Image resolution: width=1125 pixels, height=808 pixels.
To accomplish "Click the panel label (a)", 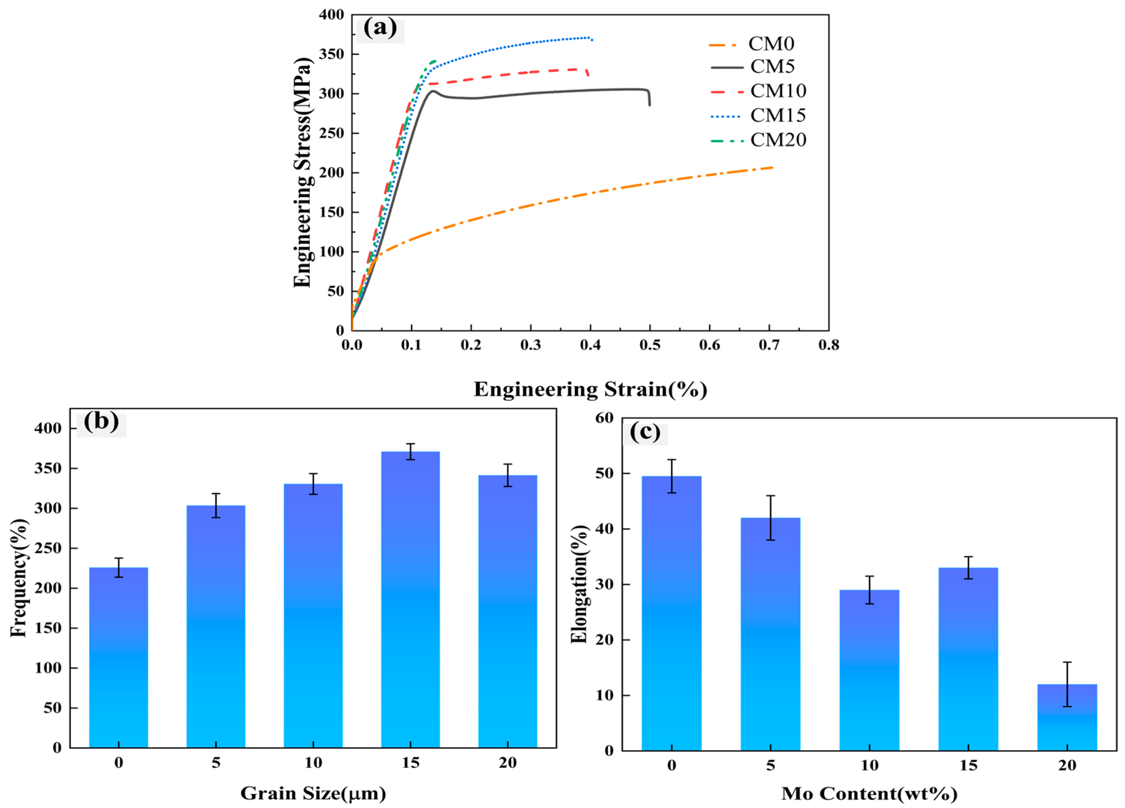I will (380, 28).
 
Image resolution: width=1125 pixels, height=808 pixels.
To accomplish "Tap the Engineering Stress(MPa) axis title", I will (302, 172).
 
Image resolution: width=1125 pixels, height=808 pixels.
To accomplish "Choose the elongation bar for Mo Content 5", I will (771, 635).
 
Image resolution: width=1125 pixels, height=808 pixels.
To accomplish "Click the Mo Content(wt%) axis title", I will (869, 794).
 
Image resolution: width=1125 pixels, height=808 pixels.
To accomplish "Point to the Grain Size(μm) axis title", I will (313, 793).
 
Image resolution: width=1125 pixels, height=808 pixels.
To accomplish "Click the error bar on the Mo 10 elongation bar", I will (869, 590).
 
